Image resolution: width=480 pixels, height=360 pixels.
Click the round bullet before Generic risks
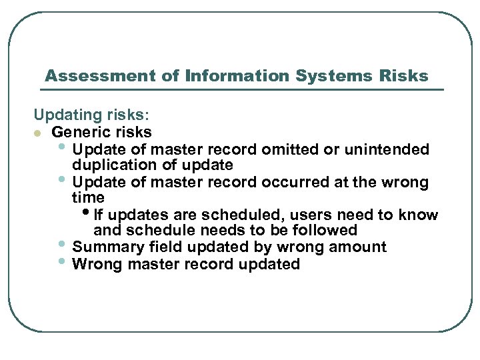39,132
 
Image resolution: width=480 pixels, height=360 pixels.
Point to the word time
88,197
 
